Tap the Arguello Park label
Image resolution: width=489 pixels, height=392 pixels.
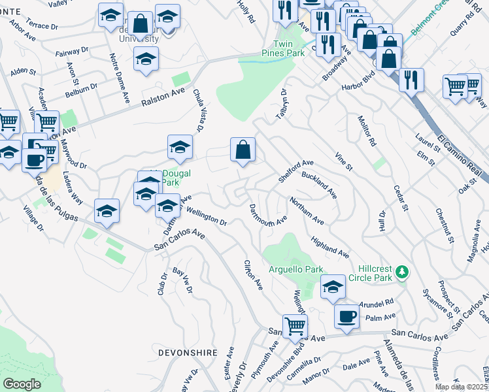pos(296,269)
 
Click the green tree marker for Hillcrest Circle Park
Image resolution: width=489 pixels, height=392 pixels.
pos(403,270)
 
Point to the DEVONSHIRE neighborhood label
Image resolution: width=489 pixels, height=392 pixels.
pos(188,352)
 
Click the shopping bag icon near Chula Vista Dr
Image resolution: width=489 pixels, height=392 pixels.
pos(243,150)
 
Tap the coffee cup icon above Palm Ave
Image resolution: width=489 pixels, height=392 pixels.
pos(346,316)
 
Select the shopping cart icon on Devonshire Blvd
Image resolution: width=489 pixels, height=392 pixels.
pos(295,325)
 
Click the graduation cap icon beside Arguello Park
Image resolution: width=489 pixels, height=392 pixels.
pos(333,287)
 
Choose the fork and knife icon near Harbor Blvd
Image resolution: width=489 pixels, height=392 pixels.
pos(411,80)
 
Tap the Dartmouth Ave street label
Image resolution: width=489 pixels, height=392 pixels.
pos(268,215)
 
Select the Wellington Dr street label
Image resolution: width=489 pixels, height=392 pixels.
pos(206,216)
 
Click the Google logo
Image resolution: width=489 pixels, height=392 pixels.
pos(22,384)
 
